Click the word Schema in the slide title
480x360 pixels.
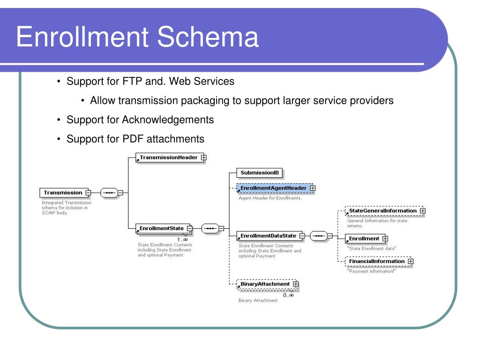pyautogui.click(x=208, y=37)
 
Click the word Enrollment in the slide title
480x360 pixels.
pyautogui.click(x=84, y=37)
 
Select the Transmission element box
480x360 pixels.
pyautogui.click(x=62, y=193)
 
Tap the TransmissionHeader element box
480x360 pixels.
pyautogui.click(x=168, y=157)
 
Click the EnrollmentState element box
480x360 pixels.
pyautogui.click(x=162, y=229)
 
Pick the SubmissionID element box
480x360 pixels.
pyautogui.click(x=259, y=173)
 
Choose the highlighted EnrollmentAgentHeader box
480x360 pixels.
pyautogui.click(x=273, y=188)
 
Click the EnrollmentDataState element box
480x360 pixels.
pyautogui.click(x=268, y=236)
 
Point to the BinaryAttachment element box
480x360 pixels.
pyautogui.click(x=265, y=284)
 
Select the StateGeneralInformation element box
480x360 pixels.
pyautogui.click(x=382, y=211)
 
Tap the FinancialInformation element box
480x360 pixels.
pyautogui.click(x=376, y=261)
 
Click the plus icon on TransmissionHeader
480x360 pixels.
pyautogui.click(x=203, y=157)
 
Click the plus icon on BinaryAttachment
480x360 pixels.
pyautogui.click(x=295, y=284)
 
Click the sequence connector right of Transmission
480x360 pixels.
pyautogui.click(x=109, y=192)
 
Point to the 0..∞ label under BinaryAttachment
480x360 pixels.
pyautogui.click(x=288, y=295)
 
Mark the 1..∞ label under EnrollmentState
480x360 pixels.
pyautogui.click(x=182, y=240)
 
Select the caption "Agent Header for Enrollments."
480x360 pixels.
pyautogui.click(x=270, y=198)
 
